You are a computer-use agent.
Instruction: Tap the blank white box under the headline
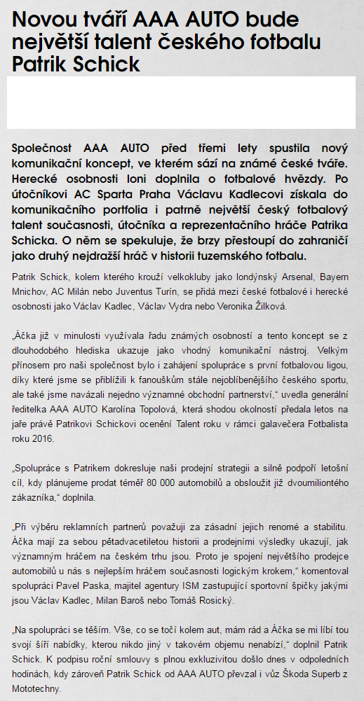point(182,104)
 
